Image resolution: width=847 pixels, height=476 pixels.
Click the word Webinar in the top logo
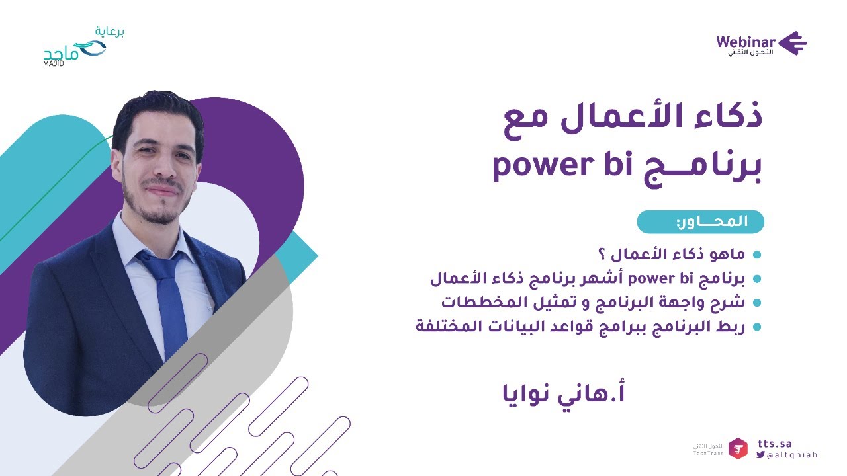(x=746, y=42)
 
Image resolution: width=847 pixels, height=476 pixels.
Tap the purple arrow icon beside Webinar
(x=793, y=43)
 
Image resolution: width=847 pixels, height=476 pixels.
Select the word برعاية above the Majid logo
(x=110, y=31)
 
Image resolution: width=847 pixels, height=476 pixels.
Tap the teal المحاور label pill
(x=700, y=222)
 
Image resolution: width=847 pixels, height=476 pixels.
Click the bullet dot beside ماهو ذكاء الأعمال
(x=757, y=255)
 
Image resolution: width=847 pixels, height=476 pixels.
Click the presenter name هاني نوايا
(x=564, y=393)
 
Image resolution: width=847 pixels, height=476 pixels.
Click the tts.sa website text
(x=774, y=444)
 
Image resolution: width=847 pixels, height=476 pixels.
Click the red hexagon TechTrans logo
(x=738, y=448)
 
